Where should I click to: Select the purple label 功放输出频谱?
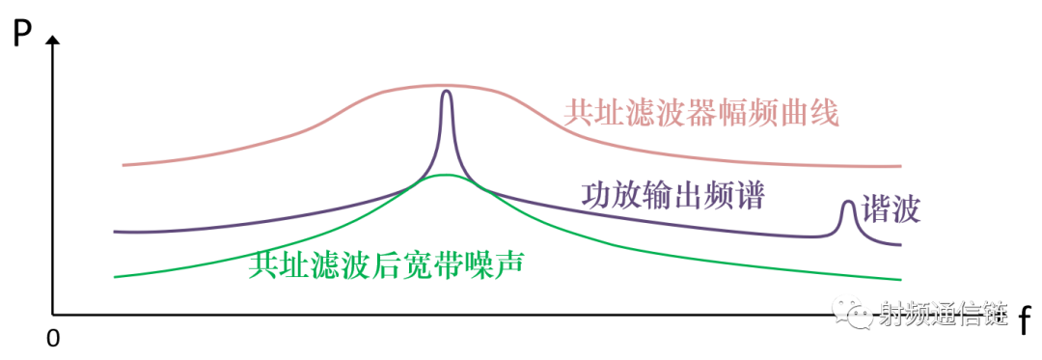click(x=672, y=197)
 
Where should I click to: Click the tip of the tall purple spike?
click(x=446, y=91)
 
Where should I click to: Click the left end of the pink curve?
click(x=123, y=165)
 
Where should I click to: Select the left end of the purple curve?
click(x=115, y=232)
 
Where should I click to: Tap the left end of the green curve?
click(x=115, y=276)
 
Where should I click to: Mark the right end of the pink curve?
click(x=900, y=167)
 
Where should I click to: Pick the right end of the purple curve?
click(x=900, y=244)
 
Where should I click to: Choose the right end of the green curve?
click(x=900, y=279)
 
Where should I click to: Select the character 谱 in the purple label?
click(x=749, y=197)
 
